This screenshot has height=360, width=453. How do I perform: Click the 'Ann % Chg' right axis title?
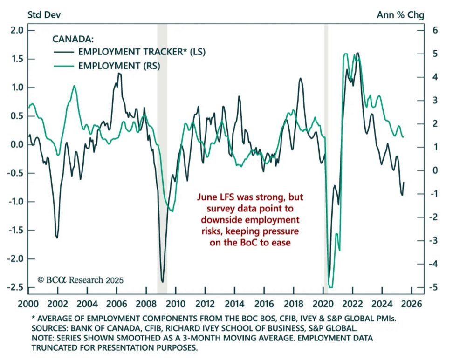(400, 14)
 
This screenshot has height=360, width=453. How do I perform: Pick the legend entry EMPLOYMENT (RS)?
(119, 66)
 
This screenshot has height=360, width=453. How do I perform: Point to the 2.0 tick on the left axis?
(16, 31)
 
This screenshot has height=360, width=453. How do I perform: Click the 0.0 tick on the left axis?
(16, 145)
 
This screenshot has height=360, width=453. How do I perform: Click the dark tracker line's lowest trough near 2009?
(162, 281)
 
